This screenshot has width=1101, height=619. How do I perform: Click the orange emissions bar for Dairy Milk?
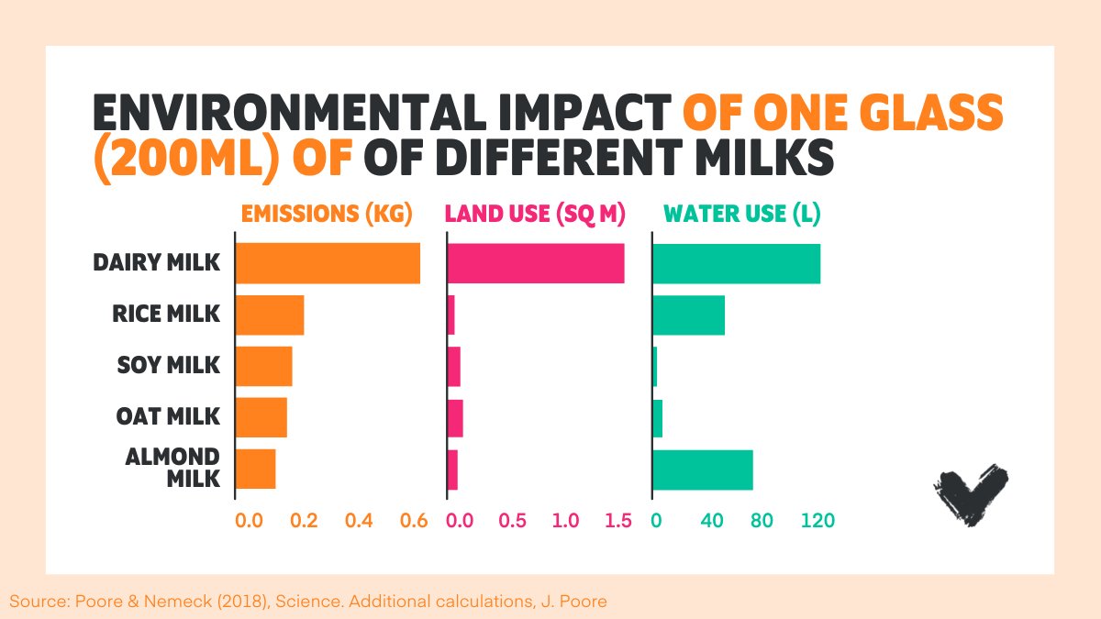328,263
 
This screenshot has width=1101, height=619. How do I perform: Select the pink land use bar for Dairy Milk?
536,263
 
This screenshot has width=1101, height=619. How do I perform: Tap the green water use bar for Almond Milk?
703,470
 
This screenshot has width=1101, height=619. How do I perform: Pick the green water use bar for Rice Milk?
689,315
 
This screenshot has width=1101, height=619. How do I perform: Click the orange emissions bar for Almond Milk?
256,470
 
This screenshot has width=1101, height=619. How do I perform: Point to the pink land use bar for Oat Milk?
455,418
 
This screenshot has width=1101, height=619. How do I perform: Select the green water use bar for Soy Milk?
655,367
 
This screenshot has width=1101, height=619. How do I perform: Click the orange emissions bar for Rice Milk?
270,315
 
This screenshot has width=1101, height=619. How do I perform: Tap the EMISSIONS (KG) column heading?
327,215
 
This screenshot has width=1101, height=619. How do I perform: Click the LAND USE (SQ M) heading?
534,215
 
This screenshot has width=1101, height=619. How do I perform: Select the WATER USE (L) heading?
741,215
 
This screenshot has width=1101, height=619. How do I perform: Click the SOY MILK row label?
169,365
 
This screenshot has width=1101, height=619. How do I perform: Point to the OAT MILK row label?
168,416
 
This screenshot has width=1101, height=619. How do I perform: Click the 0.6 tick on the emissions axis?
415,521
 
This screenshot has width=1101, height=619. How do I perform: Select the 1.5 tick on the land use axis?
619,521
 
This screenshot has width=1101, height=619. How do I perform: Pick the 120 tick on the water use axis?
817,521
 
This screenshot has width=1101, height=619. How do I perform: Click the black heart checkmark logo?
970,494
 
